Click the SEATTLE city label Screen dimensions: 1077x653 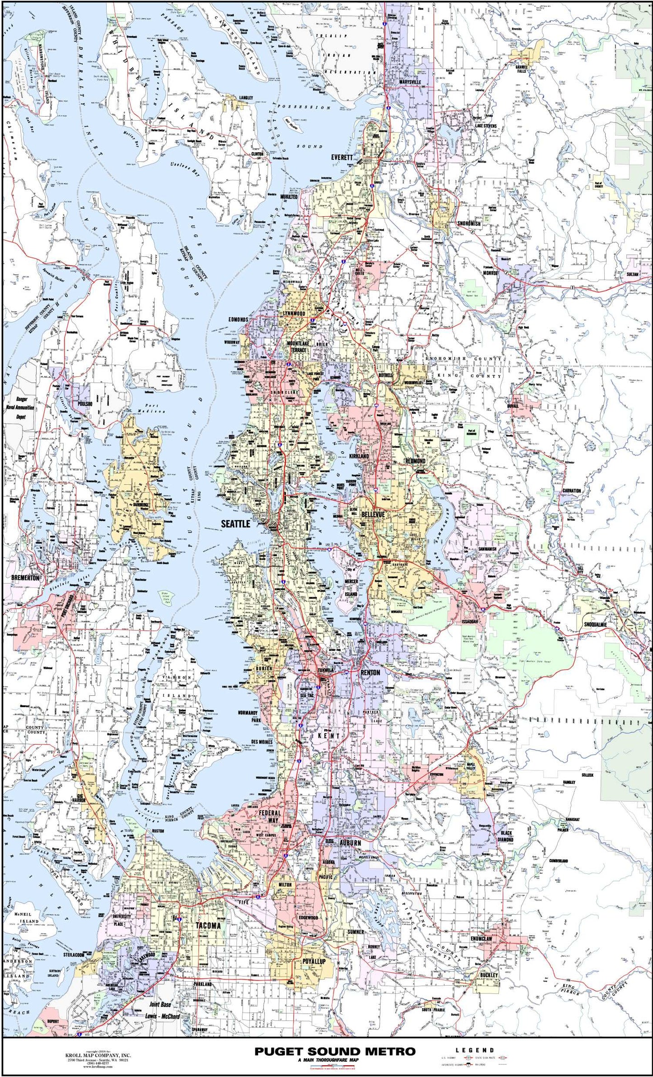(235, 524)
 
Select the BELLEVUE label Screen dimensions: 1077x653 (373, 515)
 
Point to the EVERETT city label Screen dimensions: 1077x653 (341, 157)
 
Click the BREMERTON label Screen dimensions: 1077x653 (25, 577)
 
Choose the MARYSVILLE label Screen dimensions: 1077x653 (410, 82)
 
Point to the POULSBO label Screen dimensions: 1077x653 (85, 403)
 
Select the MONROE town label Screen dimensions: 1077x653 (490, 273)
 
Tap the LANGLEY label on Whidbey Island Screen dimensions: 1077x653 (246, 98)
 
